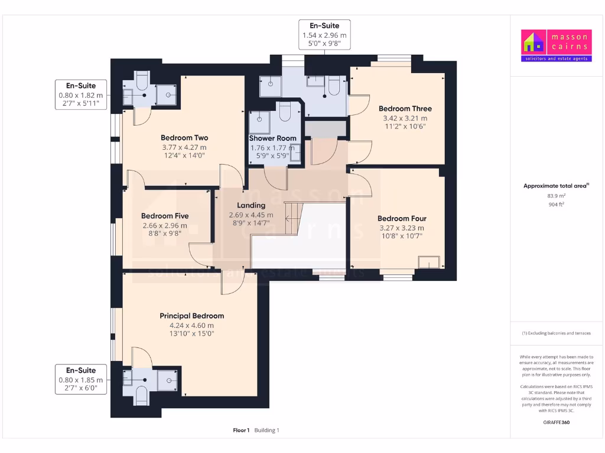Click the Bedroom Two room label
(184, 138)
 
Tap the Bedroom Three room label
(405, 109)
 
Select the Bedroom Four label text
(402, 218)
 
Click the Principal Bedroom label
(191, 316)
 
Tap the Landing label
(251, 205)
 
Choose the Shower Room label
(272, 138)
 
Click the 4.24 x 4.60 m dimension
(191, 325)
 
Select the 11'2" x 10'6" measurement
(405, 126)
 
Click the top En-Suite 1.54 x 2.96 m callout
(324, 35)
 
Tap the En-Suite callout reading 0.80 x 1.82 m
(81, 94)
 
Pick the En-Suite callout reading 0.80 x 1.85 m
(81, 379)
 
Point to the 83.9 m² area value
(556, 195)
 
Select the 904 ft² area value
(556, 205)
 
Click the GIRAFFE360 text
(556, 422)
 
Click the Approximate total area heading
(556, 186)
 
